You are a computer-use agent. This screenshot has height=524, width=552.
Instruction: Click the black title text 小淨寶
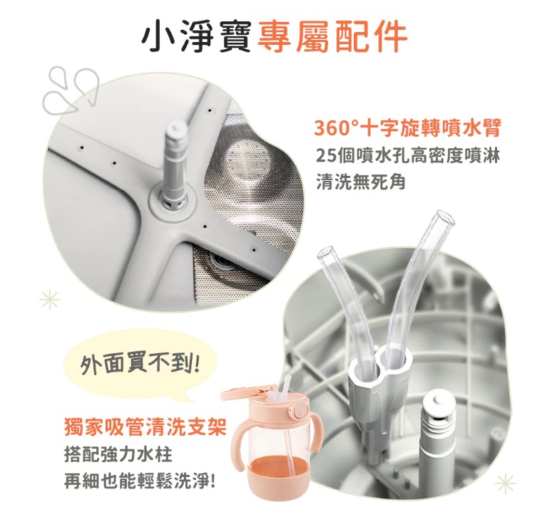[x=196, y=36]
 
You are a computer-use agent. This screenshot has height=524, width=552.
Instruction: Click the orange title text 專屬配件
[x=332, y=36]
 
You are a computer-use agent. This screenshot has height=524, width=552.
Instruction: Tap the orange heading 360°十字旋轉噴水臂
[x=407, y=127]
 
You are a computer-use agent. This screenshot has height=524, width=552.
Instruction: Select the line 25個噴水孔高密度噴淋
[x=408, y=155]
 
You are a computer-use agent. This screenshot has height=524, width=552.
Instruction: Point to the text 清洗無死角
[x=360, y=182]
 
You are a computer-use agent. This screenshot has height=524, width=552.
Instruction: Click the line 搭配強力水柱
[x=118, y=454]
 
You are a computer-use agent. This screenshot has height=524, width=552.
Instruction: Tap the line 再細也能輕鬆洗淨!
[x=139, y=481]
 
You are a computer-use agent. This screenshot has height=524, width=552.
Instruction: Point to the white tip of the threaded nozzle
[x=438, y=403]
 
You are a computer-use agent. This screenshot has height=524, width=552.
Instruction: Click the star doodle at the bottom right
[x=506, y=483]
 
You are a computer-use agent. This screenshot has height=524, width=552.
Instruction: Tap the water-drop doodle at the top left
[x=71, y=90]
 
